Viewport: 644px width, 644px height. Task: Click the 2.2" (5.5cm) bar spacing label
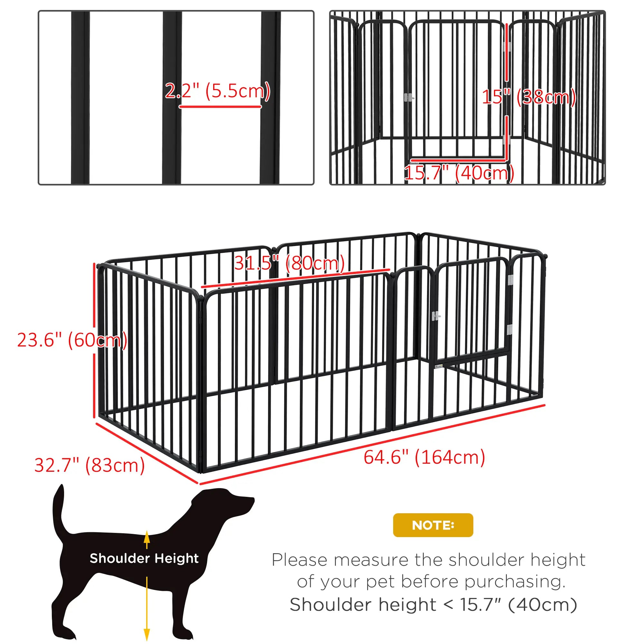click(218, 91)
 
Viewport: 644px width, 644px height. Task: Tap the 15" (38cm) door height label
click(529, 97)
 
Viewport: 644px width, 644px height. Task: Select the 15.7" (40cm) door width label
click(459, 173)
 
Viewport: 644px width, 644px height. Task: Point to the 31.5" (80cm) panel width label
click(289, 263)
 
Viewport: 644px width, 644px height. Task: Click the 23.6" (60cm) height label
click(72, 340)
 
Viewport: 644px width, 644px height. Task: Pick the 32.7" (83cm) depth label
click(89, 465)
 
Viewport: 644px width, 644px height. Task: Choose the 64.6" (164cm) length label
click(424, 457)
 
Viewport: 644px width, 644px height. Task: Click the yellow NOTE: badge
click(433, 525)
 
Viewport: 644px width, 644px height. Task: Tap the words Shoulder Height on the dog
click(144, 558)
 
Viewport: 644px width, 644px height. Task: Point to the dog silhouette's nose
click(252, 500)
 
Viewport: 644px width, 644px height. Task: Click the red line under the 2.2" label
click(220, 107)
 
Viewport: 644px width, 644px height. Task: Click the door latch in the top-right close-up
click(409, 98)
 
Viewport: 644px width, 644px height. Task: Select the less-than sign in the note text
click(448, 605)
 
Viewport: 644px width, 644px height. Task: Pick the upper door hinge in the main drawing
click(510, 280)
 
